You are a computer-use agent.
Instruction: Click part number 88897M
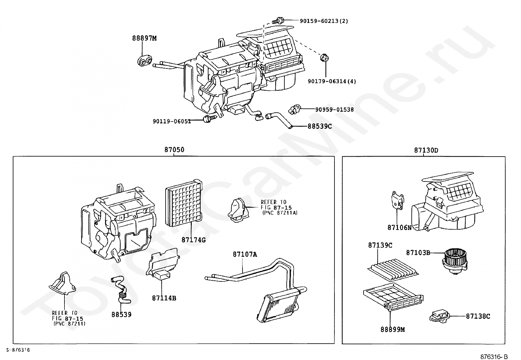click(x=144, y=38)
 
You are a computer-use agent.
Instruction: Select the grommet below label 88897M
click(x=144, y=61)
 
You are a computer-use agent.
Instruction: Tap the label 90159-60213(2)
click(x=324, y=21)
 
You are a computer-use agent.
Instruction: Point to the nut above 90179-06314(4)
click(x=325, y=58)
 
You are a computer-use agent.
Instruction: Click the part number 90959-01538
click(x=334, y=109)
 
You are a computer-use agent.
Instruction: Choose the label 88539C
click(x=319, y=126)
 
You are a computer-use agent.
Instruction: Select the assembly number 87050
click(x=174, y=150)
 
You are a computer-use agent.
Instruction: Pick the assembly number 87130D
click(x=426, y=150)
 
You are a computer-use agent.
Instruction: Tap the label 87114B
click(x=164, y=298)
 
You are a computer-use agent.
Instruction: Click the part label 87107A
click(x=245, y=254)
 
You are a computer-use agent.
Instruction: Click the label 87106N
click(x=399, y=227)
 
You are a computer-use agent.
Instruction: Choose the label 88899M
click(x=392, y=330)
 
